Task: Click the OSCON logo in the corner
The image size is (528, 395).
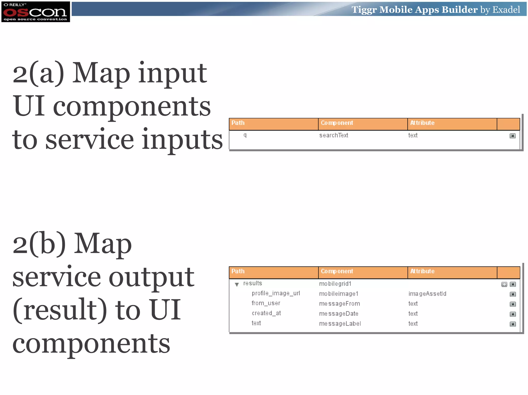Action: tap(36, 12)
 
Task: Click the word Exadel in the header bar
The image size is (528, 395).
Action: tap(506, 10)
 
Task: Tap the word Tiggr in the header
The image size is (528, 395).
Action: tap(364, 10)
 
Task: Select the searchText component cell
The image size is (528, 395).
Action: tap(334, 135)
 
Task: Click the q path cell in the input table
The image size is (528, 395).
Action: tap(245, 135)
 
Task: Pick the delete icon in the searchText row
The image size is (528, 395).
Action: tap(513, 136)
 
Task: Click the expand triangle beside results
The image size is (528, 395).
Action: tap(237, 284)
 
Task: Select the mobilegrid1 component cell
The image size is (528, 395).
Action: tap(335, 284)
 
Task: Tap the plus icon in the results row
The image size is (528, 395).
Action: tap(504, 284)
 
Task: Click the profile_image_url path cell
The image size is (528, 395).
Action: tap(276, 294)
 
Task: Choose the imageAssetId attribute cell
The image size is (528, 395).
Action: tap(427, 294)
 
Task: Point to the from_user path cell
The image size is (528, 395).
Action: tap(266, 303)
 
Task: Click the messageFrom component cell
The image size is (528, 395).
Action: tap(339, 304)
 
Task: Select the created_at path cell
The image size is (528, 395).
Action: tap(266, 313)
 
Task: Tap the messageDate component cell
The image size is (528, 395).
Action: tap(339, 314)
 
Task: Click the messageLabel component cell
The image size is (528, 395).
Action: tap(340, 324)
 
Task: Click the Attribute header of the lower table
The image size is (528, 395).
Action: tap(422, 271)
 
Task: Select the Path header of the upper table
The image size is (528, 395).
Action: tap(238, 123)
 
